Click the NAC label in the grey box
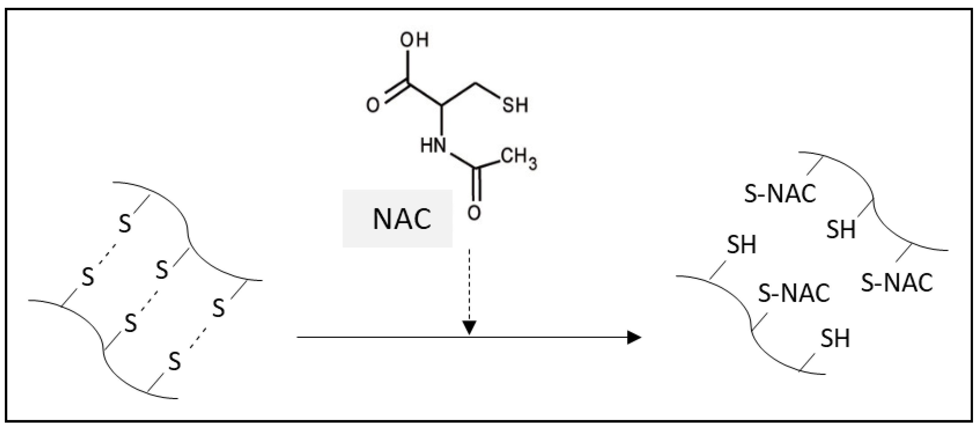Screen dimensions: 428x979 point(402,219)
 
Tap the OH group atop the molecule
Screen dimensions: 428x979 point(414,40)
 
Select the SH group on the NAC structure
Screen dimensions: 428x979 point(515,105)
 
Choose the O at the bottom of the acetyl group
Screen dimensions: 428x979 point(474,213)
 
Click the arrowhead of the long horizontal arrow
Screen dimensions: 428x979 point(634,337)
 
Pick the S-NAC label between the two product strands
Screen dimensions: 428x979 point(794,293)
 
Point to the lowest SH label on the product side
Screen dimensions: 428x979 point(835,338)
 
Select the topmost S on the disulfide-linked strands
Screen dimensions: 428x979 point(125,224)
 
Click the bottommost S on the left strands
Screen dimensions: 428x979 point(174,361)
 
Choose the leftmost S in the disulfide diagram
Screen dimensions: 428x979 point(88,278)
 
